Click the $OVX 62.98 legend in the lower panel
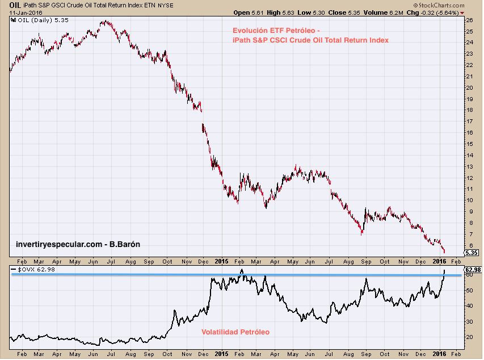(x=33, y=269)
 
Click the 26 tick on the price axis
(x=469, y=20)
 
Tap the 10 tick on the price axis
(x=469, y=200)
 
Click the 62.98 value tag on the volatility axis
(x=473, y=269)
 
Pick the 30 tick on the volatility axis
(x=469, y=321)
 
